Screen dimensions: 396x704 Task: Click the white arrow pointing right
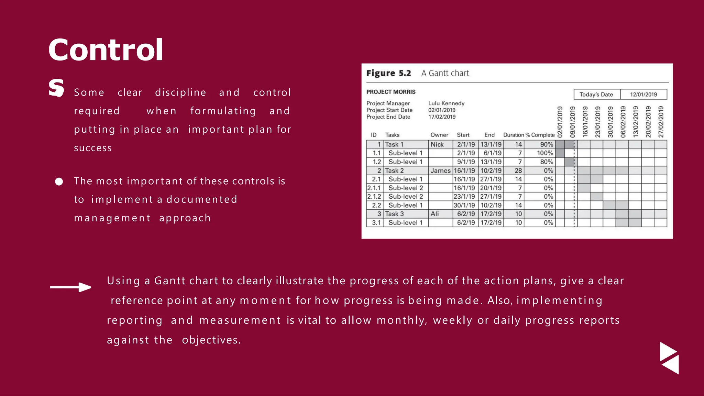tap(70, 287)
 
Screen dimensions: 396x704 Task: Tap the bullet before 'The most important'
tap(59, 181)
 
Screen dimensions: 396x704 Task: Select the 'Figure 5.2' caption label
tap(388, 73)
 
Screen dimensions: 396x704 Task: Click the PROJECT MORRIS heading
tap(391, 92)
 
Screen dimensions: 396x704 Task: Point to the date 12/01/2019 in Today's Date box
tap(643, 95)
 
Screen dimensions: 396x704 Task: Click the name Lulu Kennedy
tap(446, 103)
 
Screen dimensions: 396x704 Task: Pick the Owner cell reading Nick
tap(437, 144)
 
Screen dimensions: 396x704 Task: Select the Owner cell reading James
tap(440, 170)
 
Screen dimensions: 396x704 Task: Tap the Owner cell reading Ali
tap(435, 214)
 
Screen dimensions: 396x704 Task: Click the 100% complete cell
tap(545, 153)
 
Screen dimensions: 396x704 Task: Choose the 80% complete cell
tap(546, 162)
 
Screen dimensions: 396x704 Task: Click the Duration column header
tap(514, 135)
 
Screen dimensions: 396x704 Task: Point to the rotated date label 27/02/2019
tap(661, 122)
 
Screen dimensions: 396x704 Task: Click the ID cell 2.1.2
tap(374, 197)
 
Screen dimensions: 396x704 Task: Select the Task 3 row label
tap(394, 214)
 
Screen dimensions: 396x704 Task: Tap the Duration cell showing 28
tap(518, 170)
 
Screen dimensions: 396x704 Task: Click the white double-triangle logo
tap(669, 358)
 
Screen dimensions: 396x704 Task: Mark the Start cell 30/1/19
tap(464, 205)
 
